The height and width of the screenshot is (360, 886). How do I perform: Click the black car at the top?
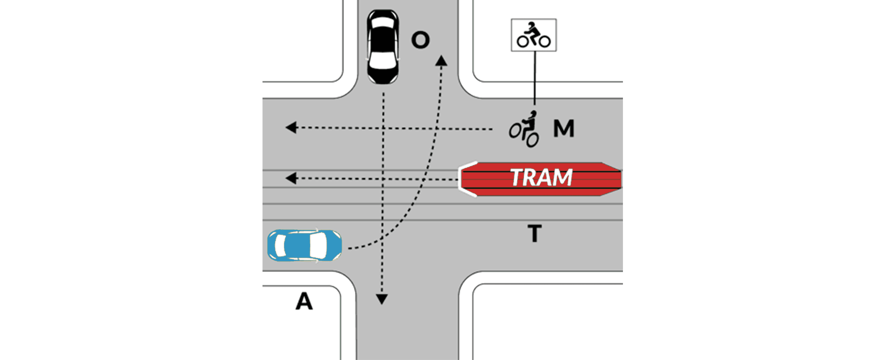(383, 47)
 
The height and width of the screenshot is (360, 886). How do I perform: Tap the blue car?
(305, 245)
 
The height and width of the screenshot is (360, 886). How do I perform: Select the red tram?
(540, 179)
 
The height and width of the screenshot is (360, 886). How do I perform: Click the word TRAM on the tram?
(541, 178)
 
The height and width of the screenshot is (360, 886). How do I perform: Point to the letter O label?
(420, 40)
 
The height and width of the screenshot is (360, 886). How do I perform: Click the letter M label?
(564, 128)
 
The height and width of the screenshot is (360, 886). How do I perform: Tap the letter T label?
(534, 233)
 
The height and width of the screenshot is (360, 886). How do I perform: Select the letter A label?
(304, 301)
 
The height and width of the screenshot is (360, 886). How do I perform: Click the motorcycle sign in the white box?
(534, 35)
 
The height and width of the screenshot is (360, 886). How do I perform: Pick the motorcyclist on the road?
(524, 129)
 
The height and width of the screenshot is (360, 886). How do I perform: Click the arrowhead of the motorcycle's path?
(291, 127)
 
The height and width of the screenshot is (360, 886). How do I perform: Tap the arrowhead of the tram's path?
(291, 178)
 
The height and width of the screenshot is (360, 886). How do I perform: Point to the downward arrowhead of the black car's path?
(382, 300)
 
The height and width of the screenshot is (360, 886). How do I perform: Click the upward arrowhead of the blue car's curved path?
(441, 60)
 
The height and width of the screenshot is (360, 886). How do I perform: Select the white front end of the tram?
(467, 179)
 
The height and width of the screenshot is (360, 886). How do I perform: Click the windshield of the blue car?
(318, 245)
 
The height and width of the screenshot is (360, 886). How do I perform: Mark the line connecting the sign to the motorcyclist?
(535, 78)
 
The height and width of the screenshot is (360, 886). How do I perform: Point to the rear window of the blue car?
(280, 245)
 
